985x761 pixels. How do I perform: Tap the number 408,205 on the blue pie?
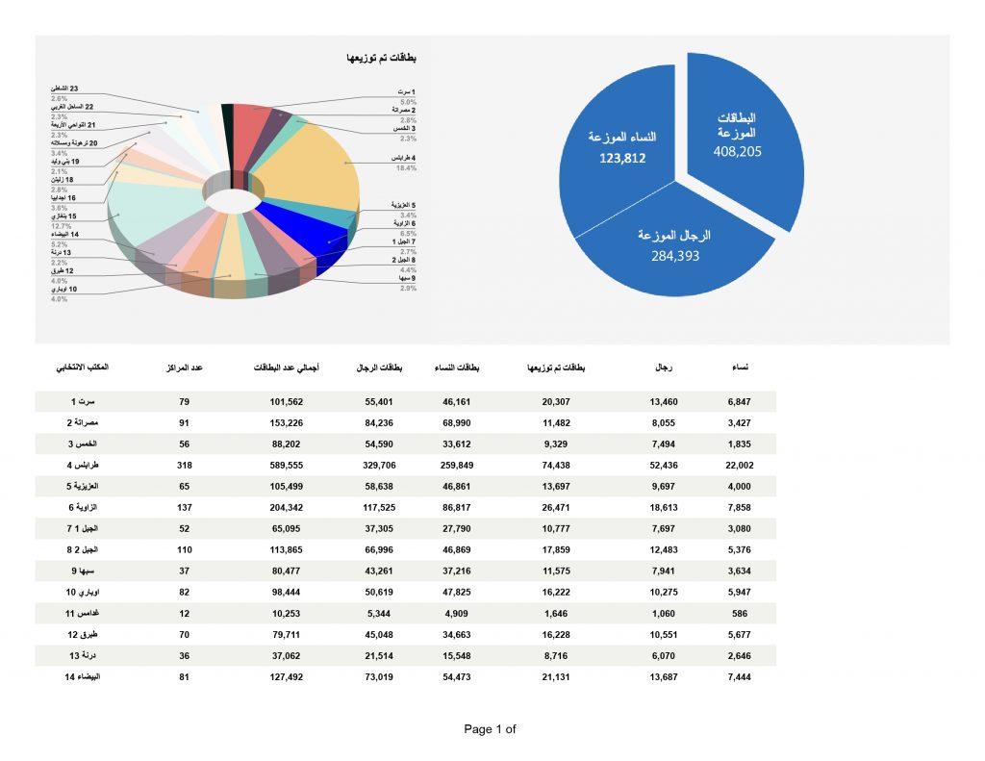(737, 151)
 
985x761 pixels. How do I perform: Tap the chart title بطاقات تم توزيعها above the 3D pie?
(382, 59)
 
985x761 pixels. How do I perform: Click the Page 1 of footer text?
(490, 729)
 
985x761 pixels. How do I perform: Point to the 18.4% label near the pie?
(406, 168)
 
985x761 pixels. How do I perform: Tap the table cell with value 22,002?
(740, 464)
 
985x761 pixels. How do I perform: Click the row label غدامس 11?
(84, 613)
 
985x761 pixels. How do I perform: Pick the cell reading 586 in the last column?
(740, 613)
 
